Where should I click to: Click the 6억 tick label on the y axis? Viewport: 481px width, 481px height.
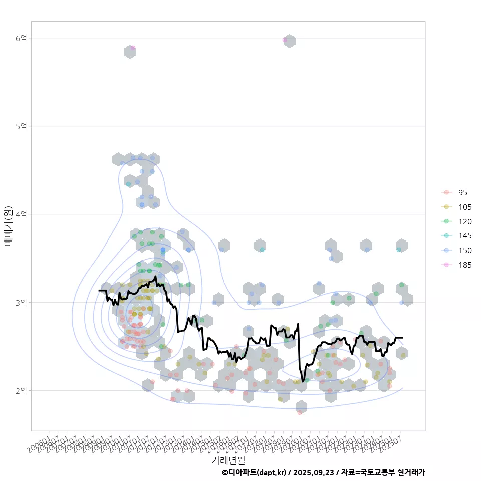(21, 38)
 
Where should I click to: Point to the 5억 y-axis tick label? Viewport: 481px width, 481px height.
(21, 126)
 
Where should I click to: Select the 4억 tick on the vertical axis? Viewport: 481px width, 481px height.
(21, 214)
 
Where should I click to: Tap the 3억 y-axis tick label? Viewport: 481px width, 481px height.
(21, 303)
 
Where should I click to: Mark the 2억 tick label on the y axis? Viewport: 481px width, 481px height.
(21, 391)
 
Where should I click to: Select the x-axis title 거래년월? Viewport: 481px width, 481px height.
(228, 460)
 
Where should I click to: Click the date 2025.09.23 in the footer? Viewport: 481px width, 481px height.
(314, 472)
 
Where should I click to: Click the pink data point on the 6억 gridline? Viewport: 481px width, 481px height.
(285, 40)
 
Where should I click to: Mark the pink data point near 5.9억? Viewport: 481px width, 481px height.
(133, 48)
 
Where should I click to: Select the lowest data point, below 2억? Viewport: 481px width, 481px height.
(300, 412)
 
